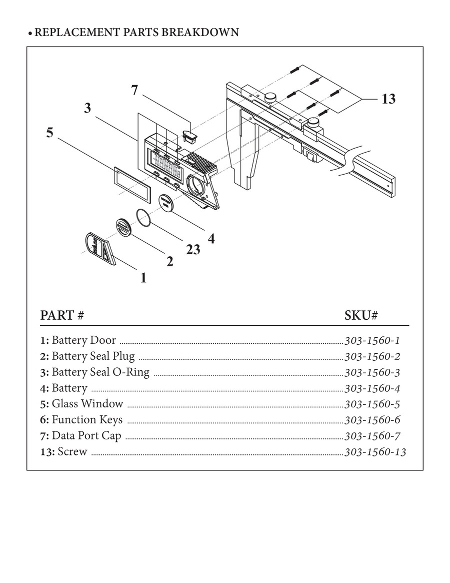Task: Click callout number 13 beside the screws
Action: [388, 99]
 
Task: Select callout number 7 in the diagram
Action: [134, 91]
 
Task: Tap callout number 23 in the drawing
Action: [193, 249]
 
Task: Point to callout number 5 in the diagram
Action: [49, 133]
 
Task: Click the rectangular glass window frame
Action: [129, 179]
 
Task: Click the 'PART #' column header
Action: [61, 316]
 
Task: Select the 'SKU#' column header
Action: [360, 316]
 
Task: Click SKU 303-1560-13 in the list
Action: [375, 452]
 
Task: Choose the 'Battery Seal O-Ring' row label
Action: [100, 372]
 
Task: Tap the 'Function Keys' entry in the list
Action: [86, 420]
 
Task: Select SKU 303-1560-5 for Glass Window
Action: [372, 404]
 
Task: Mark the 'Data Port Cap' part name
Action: [86, 436]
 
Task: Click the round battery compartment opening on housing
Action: [195, 185]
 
